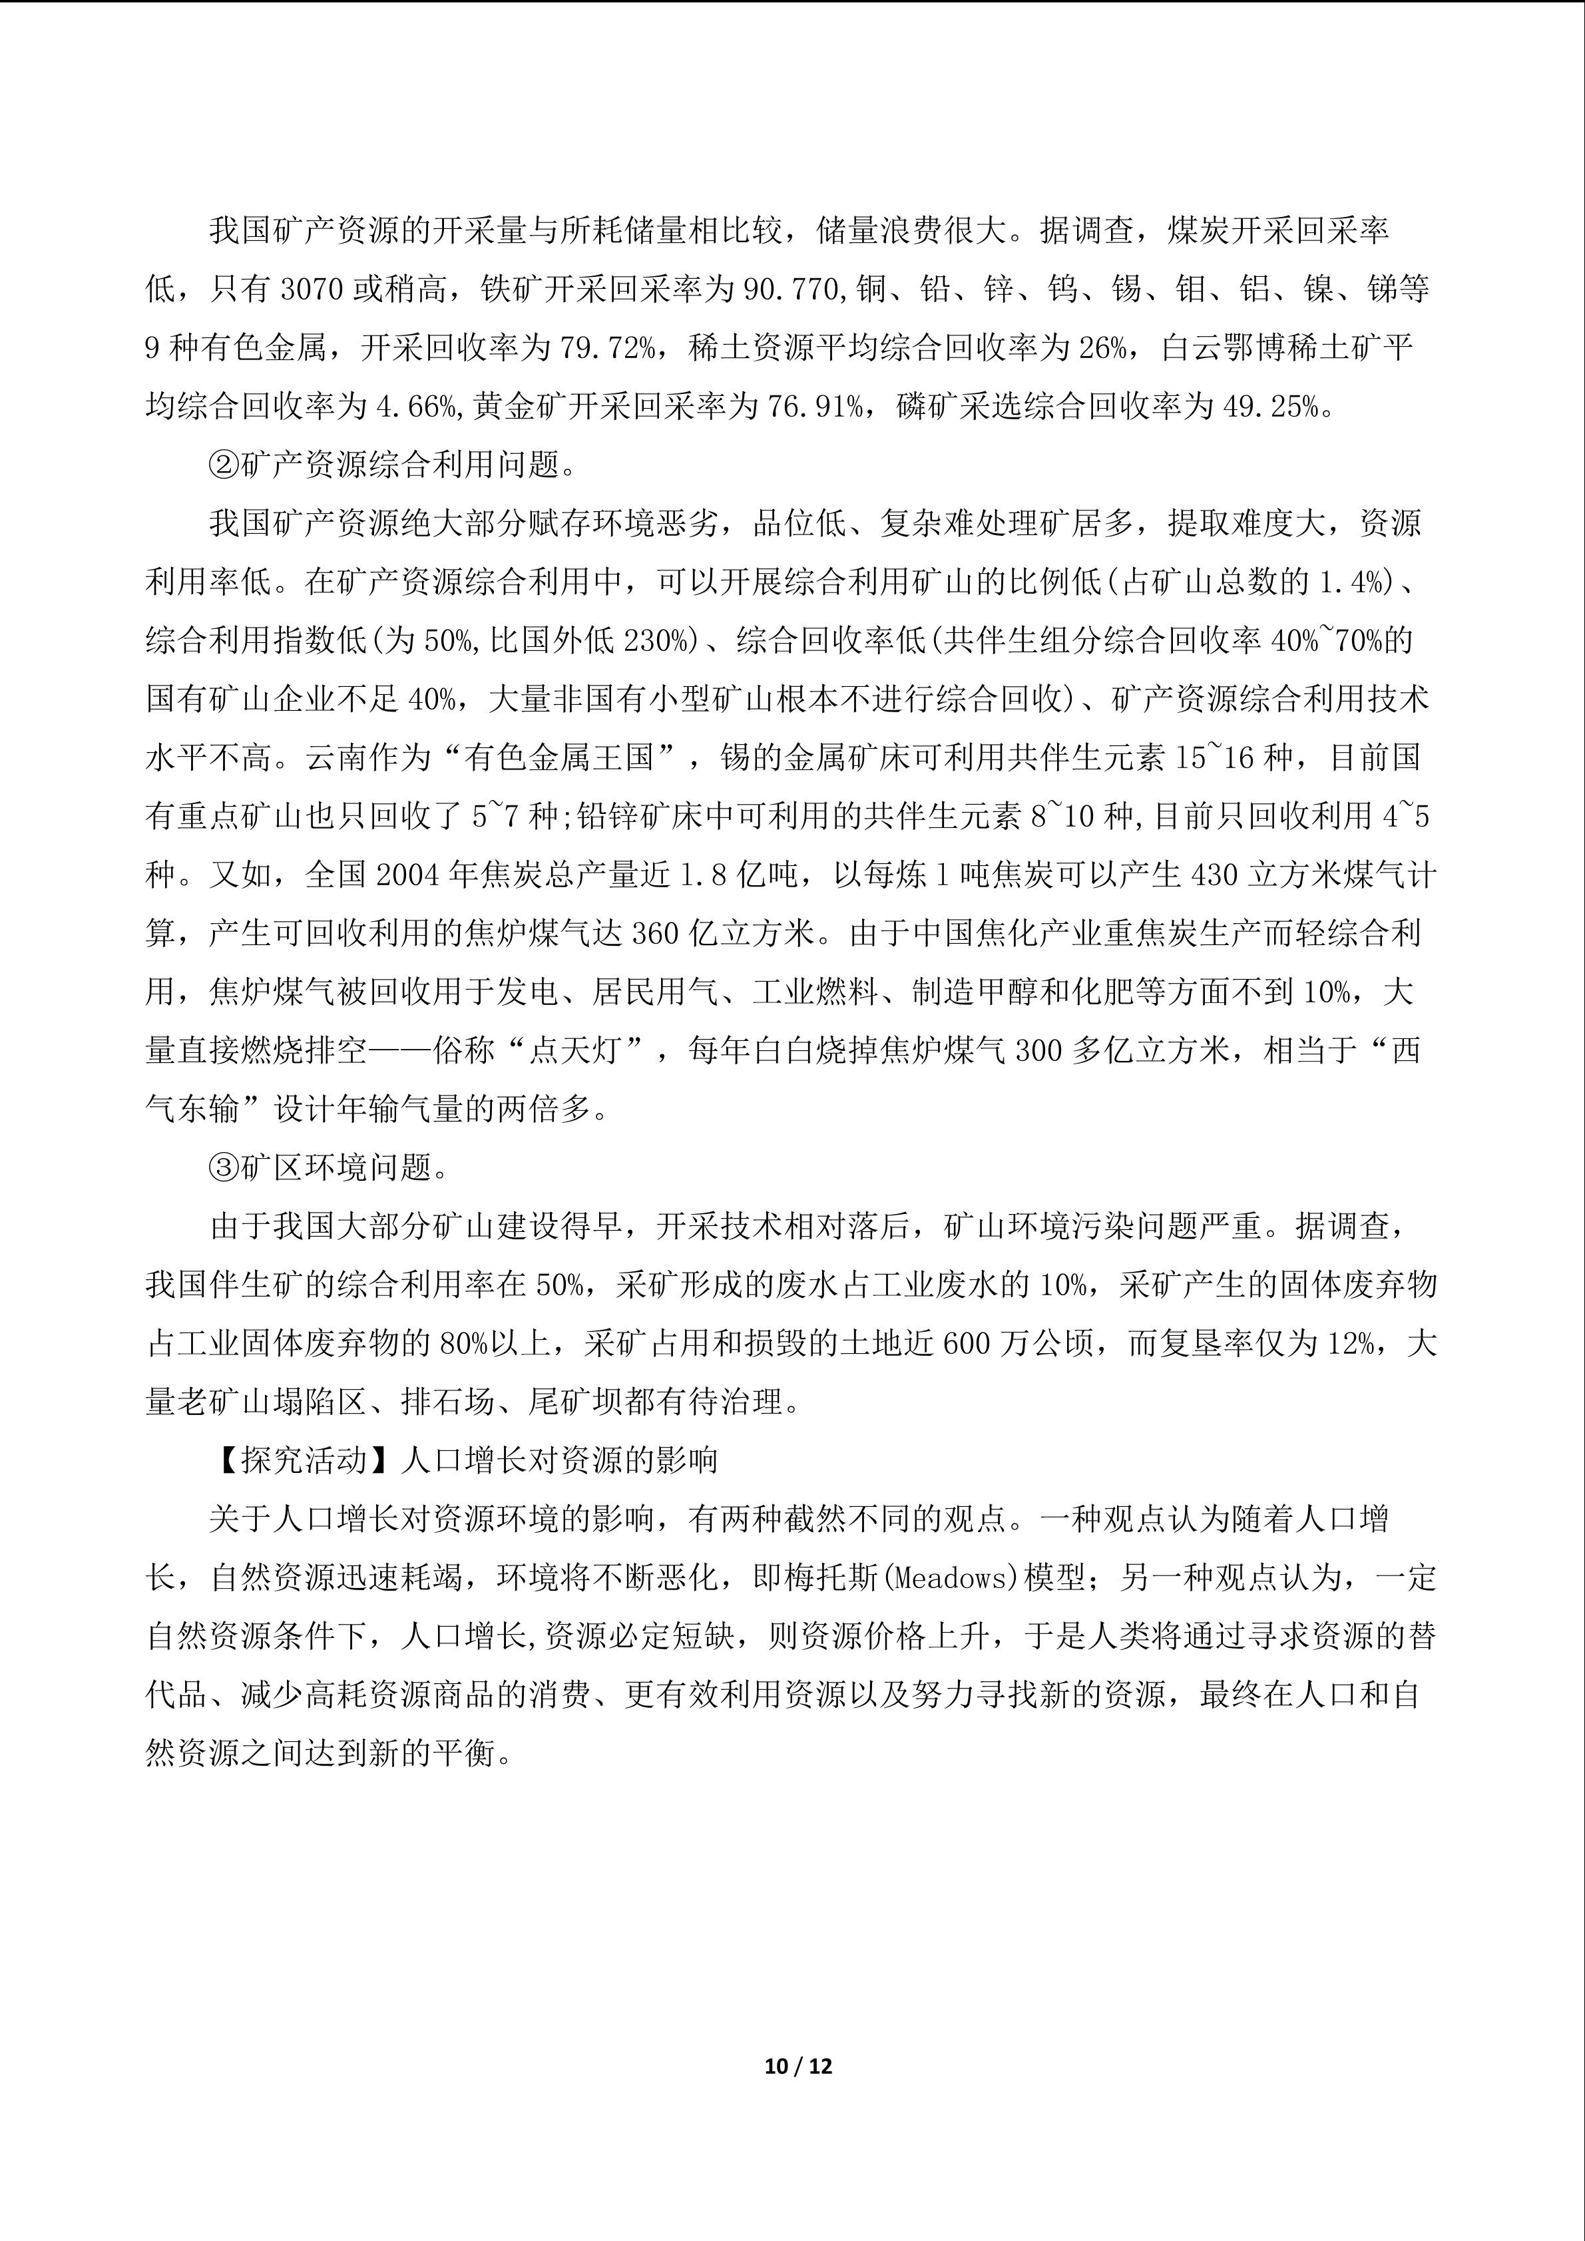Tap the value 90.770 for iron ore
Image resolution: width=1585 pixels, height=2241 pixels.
click(792, 290)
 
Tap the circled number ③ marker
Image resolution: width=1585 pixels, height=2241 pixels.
click(224, 1167)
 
